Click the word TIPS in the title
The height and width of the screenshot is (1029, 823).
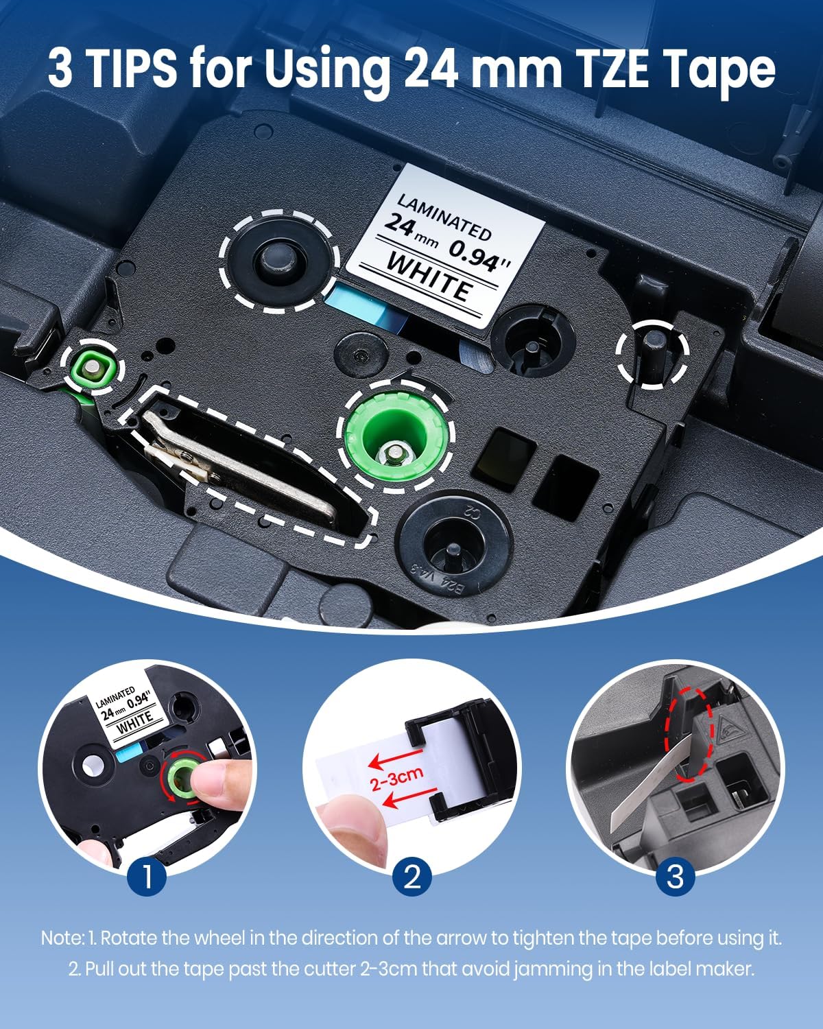[134, 69]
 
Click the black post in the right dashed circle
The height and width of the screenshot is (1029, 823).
[652, 353]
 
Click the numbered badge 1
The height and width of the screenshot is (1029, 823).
[147, 876]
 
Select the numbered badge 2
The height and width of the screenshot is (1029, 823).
[411, 876]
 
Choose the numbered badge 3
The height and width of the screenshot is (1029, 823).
[676, 876]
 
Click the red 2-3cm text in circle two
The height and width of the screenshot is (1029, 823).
[398, 779]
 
